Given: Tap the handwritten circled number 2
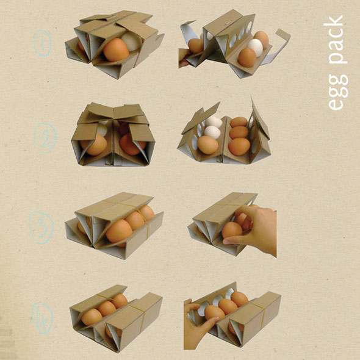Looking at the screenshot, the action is pyautogui.click(x=45, y=139).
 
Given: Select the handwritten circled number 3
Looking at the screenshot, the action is pyautogui.click(x=41, y=228).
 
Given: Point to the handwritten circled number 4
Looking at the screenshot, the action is pyautogui.click(x=43, y=318).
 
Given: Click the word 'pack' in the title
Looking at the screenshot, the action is pyautogui.click(x=335, y=39).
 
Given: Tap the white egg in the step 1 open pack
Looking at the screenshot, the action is pyautogui.click(x=255, y=47).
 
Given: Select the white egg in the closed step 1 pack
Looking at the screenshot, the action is pyautogui.click(x=131, y=41).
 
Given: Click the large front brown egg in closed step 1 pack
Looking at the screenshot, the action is pyautogui.click(x=116, y=49).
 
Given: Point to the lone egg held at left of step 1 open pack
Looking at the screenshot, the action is pyautogui.click(x=196, y=46).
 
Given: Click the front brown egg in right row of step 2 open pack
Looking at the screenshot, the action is pyautogui.click(x=239, y=146).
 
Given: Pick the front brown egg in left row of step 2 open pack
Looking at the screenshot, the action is pyautogui.click(x=208, y=145).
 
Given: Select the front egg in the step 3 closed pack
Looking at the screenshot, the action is pyautogui.click(x=119, y=231).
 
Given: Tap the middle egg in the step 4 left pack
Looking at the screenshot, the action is pyautogui.click(x=107, y=309).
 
